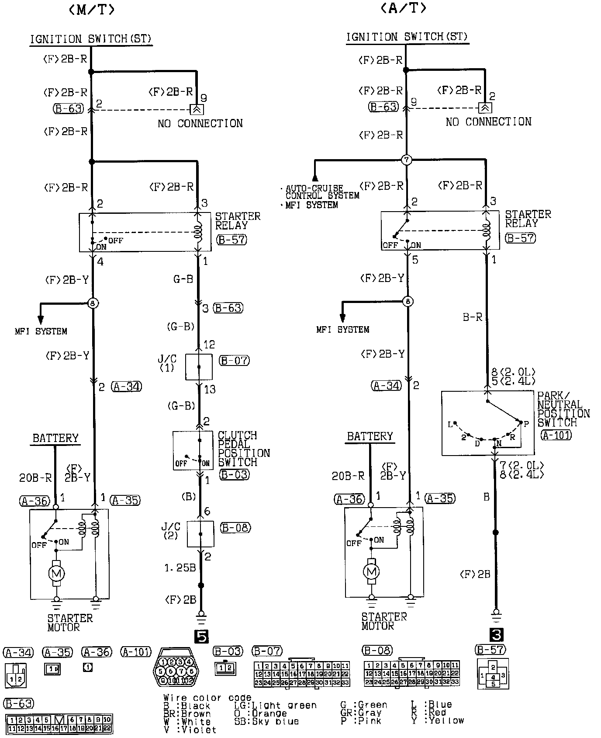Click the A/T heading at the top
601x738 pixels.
coord(403,8)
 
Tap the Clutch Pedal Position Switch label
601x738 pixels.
coord(243,449)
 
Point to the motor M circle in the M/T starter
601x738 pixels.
coord(56,573)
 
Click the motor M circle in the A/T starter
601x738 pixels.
coord(371,571)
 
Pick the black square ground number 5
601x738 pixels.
coord(201,637)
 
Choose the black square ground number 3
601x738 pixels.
coord(497,635)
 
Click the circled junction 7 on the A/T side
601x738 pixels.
coord(407,160)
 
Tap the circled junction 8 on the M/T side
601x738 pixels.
coord(92,303)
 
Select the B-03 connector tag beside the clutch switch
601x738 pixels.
coord(235,475)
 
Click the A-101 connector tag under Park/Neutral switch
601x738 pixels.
coord(556,435)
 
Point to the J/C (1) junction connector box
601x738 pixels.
coord(199,367)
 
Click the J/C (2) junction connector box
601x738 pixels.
coord(200,534)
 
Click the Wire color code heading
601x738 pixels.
coord(207,698)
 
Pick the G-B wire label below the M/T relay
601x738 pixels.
coord(183,279)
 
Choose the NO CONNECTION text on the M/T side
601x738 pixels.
coord(200,124)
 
